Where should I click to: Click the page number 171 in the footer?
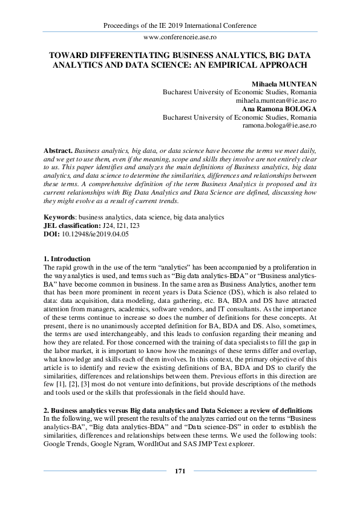click(x=180, y=471)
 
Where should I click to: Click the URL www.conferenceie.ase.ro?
click(x=180, y=37)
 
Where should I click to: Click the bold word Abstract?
click(x=58, y=149)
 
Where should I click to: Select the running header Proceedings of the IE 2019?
click(x=180, y=25)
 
